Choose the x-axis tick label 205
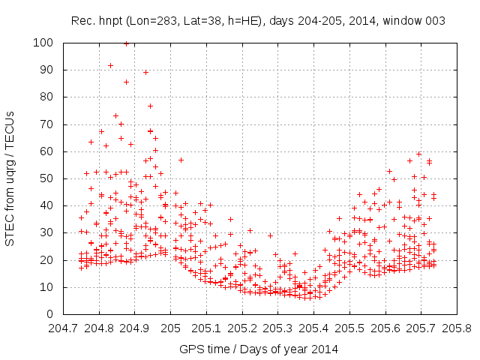click(x=171, y=328)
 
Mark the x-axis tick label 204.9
click(x=135, y=328)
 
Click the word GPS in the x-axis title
click(x=190, y=349)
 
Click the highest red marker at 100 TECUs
click(x=126, y=43)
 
